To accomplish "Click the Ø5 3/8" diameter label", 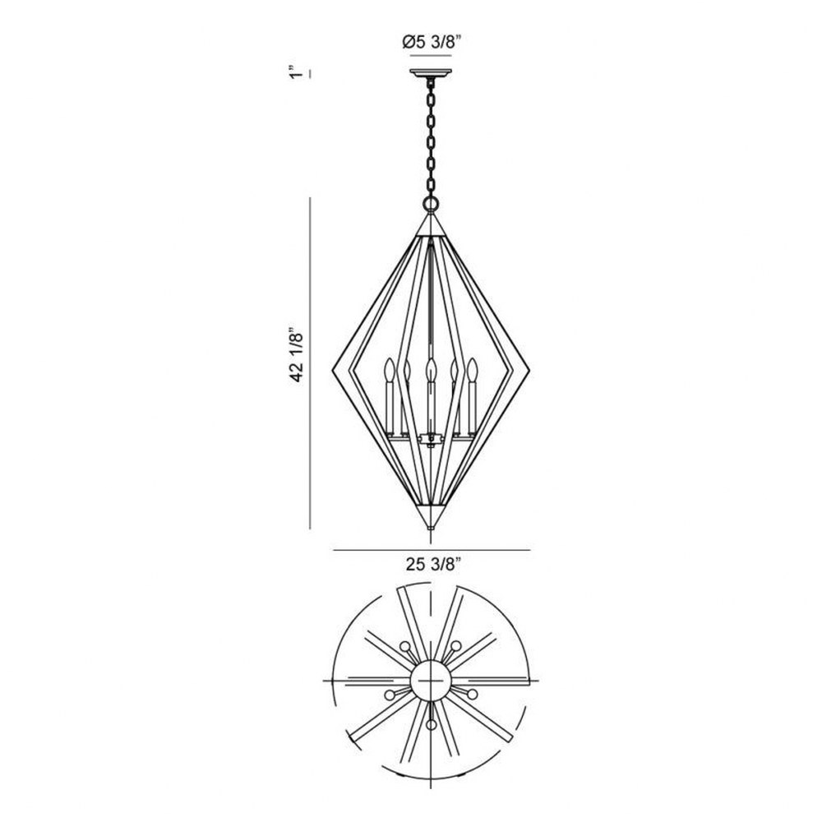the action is click(x=432, y=41).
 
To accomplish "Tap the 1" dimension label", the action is click(x=298, y=72).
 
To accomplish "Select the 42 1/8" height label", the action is click(x=298, y=356).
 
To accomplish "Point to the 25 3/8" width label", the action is click(x=432, y=564).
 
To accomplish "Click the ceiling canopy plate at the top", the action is click(x=431, y=73).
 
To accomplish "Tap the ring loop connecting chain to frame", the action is click(x=431, y=203).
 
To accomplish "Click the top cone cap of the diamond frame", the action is click(x=431, y=224).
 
